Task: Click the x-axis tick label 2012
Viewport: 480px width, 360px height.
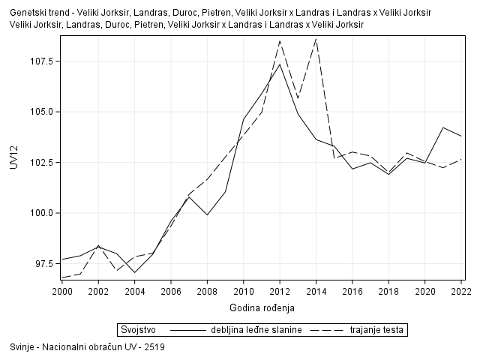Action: coord(280,292)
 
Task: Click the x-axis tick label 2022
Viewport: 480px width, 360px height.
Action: coord(461,292)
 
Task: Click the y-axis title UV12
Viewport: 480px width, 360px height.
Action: coord(13,158)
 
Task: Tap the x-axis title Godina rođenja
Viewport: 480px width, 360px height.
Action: coord(262,307)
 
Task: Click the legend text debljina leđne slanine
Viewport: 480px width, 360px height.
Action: coord(256,329)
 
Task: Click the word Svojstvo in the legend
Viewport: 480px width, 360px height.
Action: coord(138,329)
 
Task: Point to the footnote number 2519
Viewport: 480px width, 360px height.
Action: coord(154,347)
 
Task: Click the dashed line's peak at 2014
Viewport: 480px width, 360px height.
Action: coord(316,38)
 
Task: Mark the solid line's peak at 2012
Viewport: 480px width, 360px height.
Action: coord(280,64)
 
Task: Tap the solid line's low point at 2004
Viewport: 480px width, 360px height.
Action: coord(134,272)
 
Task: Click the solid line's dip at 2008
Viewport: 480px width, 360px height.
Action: coord(207,215)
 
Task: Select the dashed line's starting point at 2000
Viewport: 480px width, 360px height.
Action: coord(61,277)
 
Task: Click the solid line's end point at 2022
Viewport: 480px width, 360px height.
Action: coord(461,136)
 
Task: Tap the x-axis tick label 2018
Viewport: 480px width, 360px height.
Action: coord(388,292)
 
